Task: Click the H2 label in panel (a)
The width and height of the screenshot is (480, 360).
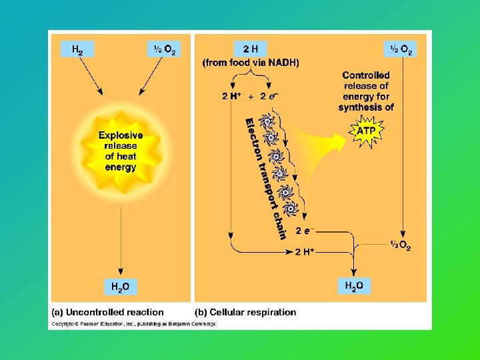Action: coord(77,49)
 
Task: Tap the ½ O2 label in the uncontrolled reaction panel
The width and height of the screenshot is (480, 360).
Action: coord(165,49)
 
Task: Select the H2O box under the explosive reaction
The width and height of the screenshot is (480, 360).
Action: coord(120,287)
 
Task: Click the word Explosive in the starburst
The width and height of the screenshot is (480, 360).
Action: coord(121,136)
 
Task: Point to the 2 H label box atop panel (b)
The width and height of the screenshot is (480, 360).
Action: coord(251,49)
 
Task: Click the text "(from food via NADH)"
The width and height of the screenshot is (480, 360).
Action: coord(251,63)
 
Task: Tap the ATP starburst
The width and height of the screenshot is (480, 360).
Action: coord(365,131)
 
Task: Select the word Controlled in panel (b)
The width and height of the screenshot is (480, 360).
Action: coord(366,75)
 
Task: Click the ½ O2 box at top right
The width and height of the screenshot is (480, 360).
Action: coord(400,49)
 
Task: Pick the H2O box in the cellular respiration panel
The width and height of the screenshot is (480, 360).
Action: coord(354,286)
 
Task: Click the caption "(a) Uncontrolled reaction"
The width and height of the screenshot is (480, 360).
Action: coord(108,312)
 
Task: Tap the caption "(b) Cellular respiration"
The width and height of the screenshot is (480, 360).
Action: coord(245,312)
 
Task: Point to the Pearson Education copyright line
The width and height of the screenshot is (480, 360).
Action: coord(134,324)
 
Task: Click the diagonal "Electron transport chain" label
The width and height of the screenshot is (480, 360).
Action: coord(265,177)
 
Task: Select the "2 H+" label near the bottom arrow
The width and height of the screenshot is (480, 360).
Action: coord(304,251)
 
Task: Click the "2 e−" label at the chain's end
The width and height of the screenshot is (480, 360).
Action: coord(304,231)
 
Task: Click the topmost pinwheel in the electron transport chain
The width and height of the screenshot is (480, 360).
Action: coord(267,121)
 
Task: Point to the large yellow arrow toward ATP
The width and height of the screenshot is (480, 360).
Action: coord(320,147)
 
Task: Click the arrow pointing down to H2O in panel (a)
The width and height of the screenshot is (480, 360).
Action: coord(120,240)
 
